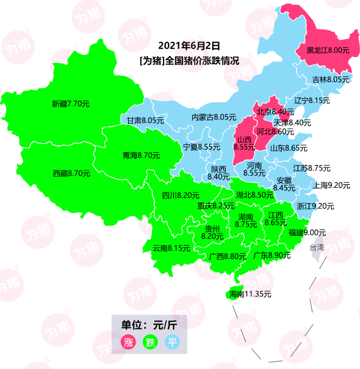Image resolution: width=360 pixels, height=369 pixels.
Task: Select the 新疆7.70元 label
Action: tap(71, 103)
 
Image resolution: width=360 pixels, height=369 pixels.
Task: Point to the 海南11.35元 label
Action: tap(248, 294)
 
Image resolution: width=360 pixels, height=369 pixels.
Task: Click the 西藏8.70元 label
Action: tap(72, 173)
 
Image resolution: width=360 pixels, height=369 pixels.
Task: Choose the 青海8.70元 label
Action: tap(141, 155)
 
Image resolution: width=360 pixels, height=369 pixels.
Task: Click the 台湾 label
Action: tap(317, 247)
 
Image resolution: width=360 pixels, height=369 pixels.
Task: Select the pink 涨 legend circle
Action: tap(127, 342)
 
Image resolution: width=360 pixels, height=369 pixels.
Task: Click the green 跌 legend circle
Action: tap(150, 342)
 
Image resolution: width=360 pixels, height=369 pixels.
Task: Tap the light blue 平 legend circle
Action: tap(172, 342)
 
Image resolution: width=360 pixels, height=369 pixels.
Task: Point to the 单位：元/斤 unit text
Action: tap(149, 325)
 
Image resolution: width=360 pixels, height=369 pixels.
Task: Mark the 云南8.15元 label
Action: tap(171, 249)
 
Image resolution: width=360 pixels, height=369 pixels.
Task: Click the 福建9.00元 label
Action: tap(307, 232)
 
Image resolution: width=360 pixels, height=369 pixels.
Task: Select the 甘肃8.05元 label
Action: tap(145, 120)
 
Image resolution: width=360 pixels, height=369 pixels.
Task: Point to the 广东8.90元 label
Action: tap(272, 255)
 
